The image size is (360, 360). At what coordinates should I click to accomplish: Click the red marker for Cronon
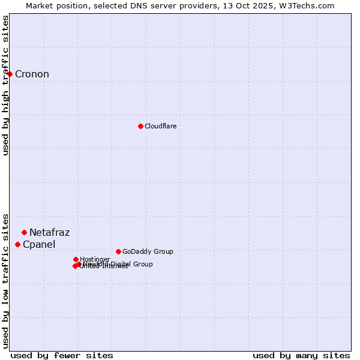[x=10, y=74]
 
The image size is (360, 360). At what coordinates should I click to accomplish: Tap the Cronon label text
[x=32, y=74]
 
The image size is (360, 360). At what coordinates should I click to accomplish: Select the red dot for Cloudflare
[x=140, y=126]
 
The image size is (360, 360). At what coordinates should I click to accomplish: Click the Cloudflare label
[x=160, y=126]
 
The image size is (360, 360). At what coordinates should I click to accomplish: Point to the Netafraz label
[x=49, y=232]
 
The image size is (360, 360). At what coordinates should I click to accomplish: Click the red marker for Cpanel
[x=18, y=244]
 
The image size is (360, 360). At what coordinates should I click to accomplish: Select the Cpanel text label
[x=39, y=244]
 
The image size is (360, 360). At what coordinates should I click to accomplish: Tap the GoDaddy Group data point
[x=118, y=251]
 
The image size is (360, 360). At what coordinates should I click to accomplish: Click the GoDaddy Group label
[x=148, y=251]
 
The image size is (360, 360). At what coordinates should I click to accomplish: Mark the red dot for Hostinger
[x=76, y=259]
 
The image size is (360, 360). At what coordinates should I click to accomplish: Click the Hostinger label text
[x=95, y=259]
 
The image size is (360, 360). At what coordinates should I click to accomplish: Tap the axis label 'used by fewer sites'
[x=62, y=355]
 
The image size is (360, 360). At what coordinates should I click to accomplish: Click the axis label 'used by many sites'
[x=301, y=355]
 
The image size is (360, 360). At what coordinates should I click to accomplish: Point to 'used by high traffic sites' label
[x=5, y=85]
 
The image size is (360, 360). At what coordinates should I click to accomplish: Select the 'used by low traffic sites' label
[x=5, y=280]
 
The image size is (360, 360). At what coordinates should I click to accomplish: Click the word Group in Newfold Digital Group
[x=143, y=264]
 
